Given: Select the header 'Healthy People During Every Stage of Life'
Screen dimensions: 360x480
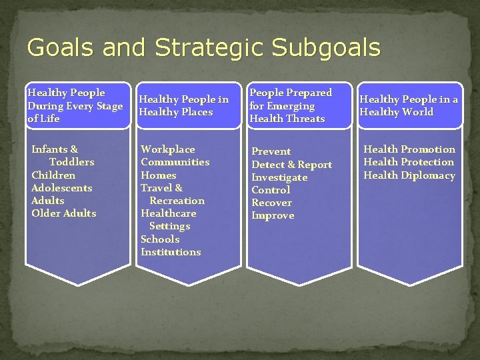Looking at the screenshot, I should point(75,105).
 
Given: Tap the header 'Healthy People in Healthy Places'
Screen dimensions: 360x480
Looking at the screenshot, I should point(185,105).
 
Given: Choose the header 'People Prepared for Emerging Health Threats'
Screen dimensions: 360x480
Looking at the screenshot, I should point(290,105).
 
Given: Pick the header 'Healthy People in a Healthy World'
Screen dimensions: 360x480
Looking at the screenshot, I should point(409,105).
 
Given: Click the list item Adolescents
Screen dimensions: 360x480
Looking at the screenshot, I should point(62,188).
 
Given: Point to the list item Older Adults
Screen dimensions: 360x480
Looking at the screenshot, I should point(64,213).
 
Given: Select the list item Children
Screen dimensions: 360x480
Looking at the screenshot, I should point(53,175).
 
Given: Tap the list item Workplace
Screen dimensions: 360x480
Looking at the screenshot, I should point(168,149).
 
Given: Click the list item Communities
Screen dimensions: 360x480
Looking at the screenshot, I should point(175,162).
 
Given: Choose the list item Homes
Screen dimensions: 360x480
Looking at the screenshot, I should point(158,175).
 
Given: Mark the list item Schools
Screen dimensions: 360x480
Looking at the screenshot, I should point(160,239).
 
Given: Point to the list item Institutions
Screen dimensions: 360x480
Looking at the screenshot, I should point(171,252).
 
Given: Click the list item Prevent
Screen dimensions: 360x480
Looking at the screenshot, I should point(271,151).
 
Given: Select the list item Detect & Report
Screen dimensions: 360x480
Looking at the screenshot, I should point(291,165).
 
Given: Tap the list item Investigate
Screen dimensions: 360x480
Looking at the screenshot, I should point(279,177).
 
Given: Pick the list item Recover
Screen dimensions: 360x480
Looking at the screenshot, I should point(271,203).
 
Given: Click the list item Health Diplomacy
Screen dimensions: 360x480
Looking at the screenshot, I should point(409,175).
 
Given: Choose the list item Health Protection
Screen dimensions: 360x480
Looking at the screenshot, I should point(409,162).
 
